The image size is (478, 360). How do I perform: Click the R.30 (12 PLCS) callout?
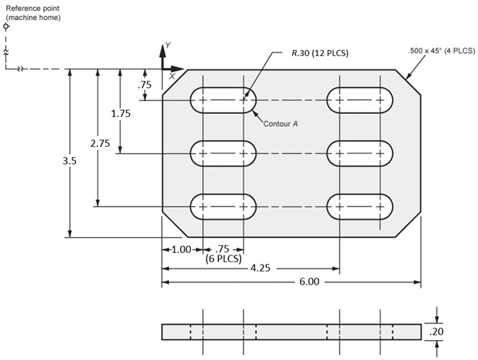pyautogui.click(x=319, y=54)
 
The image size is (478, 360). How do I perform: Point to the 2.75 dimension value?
pyautogui.click(x=97, y=144)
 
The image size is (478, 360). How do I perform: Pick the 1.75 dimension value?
pyautogui.click(x=120, y=113)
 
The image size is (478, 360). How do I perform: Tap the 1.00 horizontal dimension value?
pyautogui.click(x=181, y=249)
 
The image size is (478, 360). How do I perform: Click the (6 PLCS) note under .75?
pyautogui.click(x=223, y=259)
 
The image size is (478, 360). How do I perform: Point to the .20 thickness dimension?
pyautogui.click(x=437, y=332)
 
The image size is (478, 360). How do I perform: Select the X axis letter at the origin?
pyautogui.click(x=172, y=75)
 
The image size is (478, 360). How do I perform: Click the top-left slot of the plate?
pyautogui.click(x=223, y=100)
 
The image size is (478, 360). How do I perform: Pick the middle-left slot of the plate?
pyautogui.click(x=223, y=153)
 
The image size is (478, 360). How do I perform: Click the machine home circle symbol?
pyautogui.click(x=6, y=25)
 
